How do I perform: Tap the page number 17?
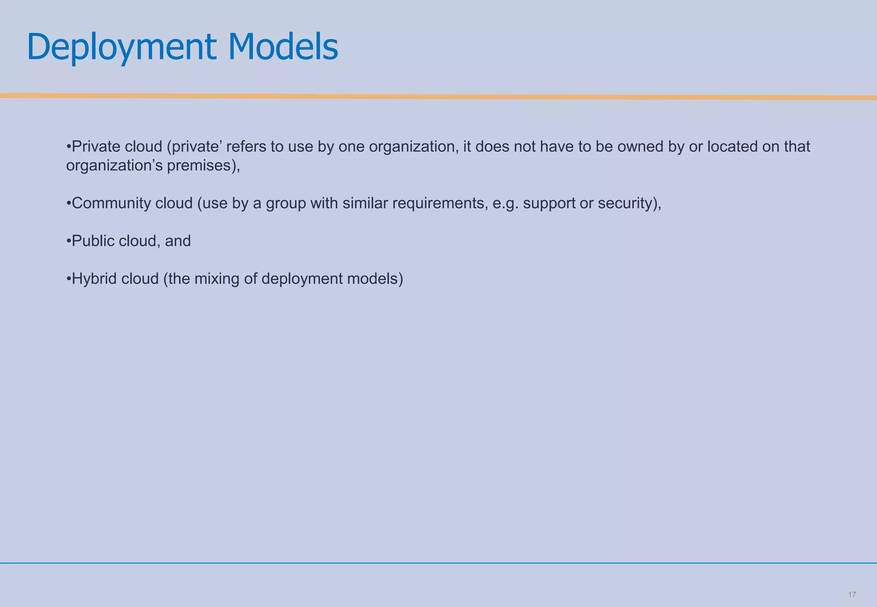click(852, 595)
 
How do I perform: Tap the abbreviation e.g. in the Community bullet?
click(505, 203)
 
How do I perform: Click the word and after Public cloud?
click(178, 241)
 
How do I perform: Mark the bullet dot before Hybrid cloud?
click(69, 279)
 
